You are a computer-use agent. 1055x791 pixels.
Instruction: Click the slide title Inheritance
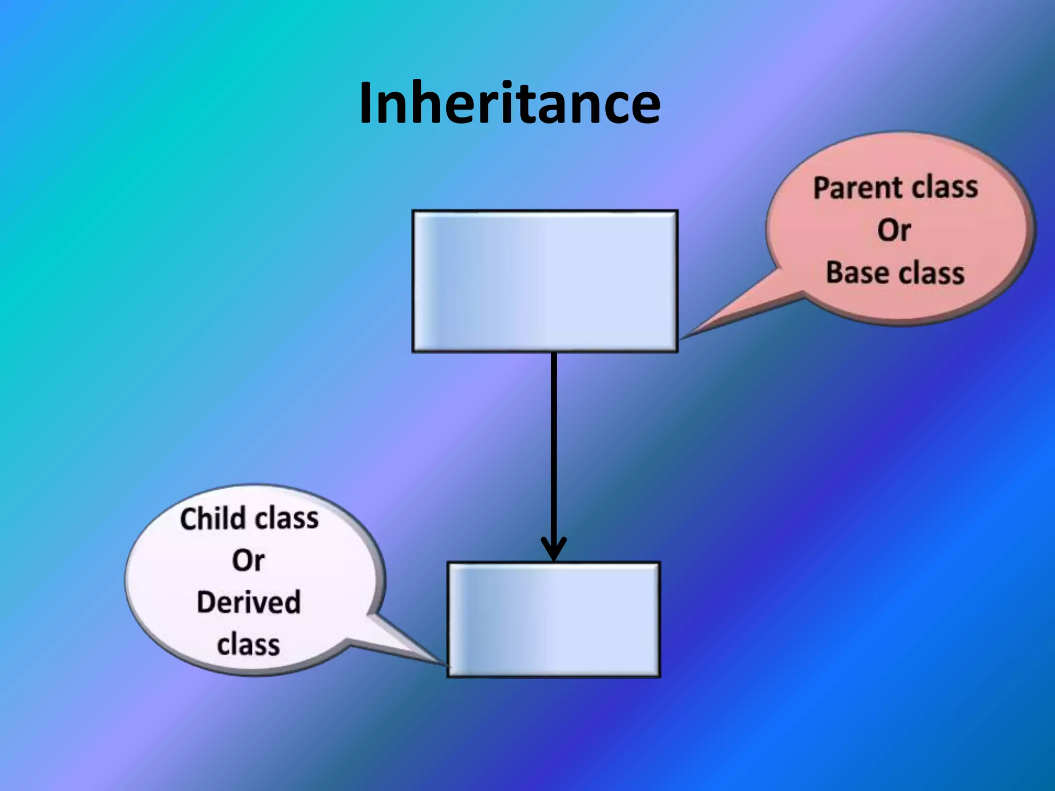[x=509, y=103]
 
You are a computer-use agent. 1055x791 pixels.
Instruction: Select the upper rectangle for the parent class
[x=545, y=281]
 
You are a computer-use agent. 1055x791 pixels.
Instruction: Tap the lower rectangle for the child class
[x=553, y=619]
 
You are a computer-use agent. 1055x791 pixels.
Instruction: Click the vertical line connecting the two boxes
[x=554, y=443]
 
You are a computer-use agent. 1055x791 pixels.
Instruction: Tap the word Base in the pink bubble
[x=852, y=272]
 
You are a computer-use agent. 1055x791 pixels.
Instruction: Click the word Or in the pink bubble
[x=894, y=230]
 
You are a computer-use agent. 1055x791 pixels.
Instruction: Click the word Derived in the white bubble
[x=248, y=603]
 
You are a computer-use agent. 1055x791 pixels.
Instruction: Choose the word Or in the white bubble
[x=248, y=560]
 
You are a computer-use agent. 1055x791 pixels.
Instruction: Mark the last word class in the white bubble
[x=248, y=645]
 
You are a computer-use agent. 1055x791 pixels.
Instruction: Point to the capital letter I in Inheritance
[x=365, y=103]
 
